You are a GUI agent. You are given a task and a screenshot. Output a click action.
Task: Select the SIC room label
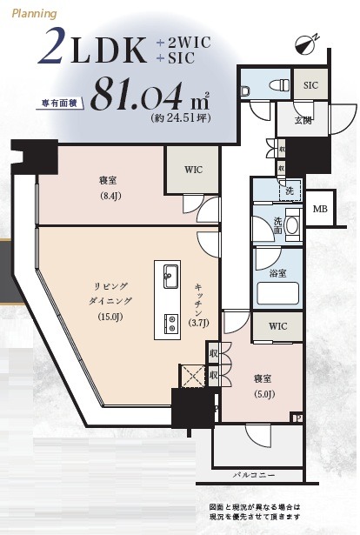(x=310, y=86)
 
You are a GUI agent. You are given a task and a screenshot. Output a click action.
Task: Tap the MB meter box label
(x=321, y=209)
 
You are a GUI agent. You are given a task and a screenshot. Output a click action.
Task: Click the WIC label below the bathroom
(x=277, y=327)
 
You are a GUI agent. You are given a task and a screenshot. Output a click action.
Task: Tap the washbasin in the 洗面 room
(x=291, y=225)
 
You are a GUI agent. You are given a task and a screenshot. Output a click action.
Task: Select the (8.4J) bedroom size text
(x=108, y=196)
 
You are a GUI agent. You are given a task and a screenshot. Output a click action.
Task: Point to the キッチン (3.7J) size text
(x=200, y=324)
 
